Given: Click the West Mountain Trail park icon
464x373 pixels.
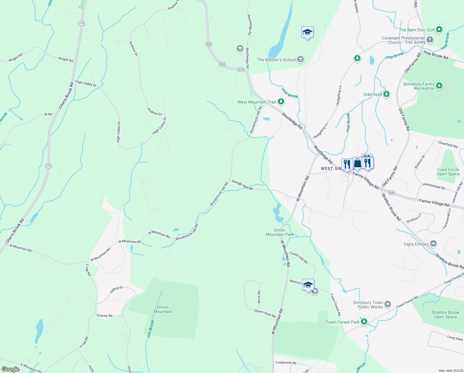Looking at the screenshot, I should [x=281, y=101].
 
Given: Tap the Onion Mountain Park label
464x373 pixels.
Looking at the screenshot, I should [x=279, y=233].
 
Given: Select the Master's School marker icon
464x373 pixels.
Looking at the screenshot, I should [x=300, y=59].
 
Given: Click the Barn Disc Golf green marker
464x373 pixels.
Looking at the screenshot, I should [x=439, y=30].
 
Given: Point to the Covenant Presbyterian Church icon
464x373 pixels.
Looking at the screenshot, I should [x=430, y=39].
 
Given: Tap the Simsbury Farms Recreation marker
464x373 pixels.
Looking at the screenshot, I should [x=439, y=86].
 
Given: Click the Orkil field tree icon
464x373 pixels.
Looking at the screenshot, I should [x=386, y=94].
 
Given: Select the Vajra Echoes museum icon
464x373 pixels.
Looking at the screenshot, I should [x=433, y=244].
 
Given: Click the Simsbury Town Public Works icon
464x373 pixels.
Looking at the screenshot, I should [x=388, y=304].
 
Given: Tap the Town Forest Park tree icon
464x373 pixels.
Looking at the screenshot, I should [x=364, y=322].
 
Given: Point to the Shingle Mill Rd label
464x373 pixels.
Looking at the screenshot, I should [x=242, y=185].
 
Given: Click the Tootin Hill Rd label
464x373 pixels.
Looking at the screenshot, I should [x=298, y=258].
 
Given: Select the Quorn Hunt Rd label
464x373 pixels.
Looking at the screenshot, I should [x=265, y=313].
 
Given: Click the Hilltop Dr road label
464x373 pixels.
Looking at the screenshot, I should [x=116, y=289].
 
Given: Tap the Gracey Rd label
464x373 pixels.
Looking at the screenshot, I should [x=105, y=315].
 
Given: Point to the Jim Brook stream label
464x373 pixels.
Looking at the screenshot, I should [x=150, y=329].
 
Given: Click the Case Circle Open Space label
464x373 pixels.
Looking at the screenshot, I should [x=448, y=172].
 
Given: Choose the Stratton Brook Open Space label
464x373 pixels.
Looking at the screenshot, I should [x=445, y=315].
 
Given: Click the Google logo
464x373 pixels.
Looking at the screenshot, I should [x=10, y=369].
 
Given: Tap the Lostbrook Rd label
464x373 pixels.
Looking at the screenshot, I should [x=286, y=362].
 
